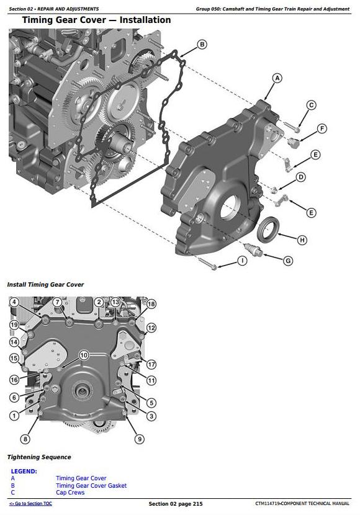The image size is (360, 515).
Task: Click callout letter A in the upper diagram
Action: [277, 78]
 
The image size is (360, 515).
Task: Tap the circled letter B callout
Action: [202, 44]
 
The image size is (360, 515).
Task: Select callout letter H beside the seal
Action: [302, 240]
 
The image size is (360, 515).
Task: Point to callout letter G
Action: [287, 261]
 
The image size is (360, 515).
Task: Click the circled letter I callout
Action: [242, 261]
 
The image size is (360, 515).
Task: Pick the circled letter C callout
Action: [312, 105]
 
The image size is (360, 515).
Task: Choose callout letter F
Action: [322, 129]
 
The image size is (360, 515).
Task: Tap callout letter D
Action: [300, 177]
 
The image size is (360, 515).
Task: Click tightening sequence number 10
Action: [84, 355]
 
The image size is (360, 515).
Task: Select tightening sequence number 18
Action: [151, 304]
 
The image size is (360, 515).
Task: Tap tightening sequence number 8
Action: [25, 439]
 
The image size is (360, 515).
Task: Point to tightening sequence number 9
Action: [140, 439]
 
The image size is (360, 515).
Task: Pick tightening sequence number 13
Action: [115, 302]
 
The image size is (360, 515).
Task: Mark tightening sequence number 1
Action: [14, 415]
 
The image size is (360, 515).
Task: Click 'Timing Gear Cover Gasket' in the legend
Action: [91, 486]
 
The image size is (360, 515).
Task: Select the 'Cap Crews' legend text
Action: [70, 493]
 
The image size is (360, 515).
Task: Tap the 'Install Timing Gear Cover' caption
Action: [45, 284]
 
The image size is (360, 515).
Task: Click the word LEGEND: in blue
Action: [24, 472]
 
